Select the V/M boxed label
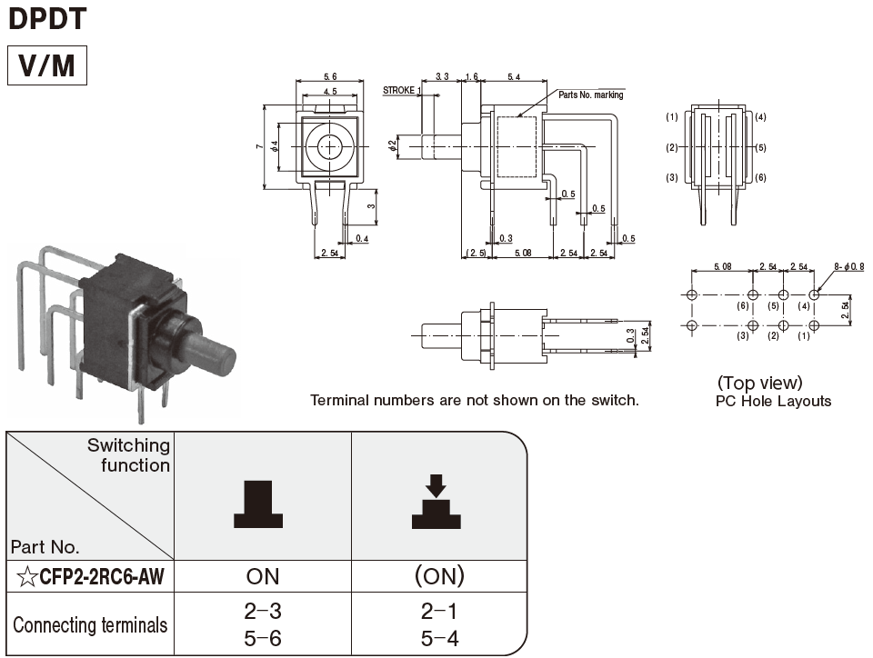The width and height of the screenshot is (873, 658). click(47, 65)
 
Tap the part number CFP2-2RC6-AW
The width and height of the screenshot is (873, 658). click(100, 575)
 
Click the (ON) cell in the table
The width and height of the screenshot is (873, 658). click(438, 575)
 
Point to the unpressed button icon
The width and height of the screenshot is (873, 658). click(258, 505)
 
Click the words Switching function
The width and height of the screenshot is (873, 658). click(128, 455)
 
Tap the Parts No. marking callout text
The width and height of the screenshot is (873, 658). click(590, 95)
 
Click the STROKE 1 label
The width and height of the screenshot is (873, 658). click(401, 90)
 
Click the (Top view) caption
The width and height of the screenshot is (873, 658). click(759, 383)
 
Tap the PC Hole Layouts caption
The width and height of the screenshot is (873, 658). click(773, 401)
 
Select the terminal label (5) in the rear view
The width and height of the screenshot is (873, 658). click(760, 147)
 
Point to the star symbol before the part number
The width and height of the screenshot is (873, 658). click(26, 575)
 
